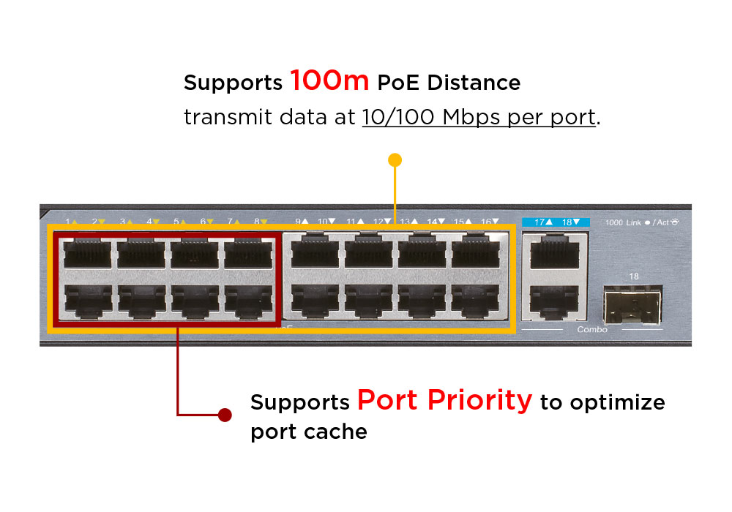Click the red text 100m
[x=329, y=80]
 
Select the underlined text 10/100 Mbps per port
[x=479, y=117]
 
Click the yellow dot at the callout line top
[x=395, y=159]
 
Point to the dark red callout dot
[x=225, y=415]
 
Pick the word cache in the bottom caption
[x=339, y=432]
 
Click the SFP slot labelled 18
[x=632, y=304]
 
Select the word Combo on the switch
[x=592, y=330]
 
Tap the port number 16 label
[x=485, y=221]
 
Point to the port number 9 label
[x=299, y=221]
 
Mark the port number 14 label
[x=432, y=221]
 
